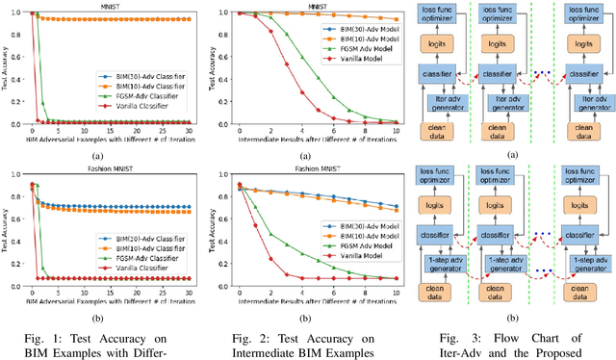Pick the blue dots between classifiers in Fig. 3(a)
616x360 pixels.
coord(547,74)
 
